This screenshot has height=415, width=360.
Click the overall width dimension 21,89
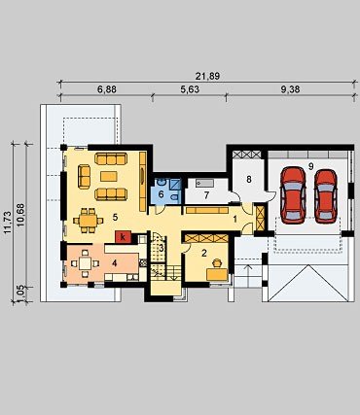[207, 76]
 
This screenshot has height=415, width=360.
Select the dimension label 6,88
[107, 89]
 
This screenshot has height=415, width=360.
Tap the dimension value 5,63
[190, 89]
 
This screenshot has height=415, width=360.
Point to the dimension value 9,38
[290, 89]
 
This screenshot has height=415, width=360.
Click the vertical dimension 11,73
[8, 223]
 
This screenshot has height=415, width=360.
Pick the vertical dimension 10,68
[20, 215]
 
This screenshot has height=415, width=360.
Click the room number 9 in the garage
[311, 166]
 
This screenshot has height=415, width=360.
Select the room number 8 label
[249, 179]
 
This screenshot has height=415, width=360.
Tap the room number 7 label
[206, 195]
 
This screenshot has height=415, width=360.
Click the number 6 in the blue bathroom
[162, 194]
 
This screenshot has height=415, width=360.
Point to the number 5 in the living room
[115, 218]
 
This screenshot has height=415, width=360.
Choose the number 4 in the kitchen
[114, 263]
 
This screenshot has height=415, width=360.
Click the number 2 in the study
[204, 253]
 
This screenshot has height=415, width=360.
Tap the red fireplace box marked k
[123, 237]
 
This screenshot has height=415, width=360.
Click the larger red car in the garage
[294, 195]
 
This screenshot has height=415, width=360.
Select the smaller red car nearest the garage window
[326, 196]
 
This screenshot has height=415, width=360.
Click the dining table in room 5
[89, 221]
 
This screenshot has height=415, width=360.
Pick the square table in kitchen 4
[85, 263]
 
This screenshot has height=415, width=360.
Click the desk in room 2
[217, 274]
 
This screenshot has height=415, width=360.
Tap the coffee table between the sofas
[109, 176]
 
